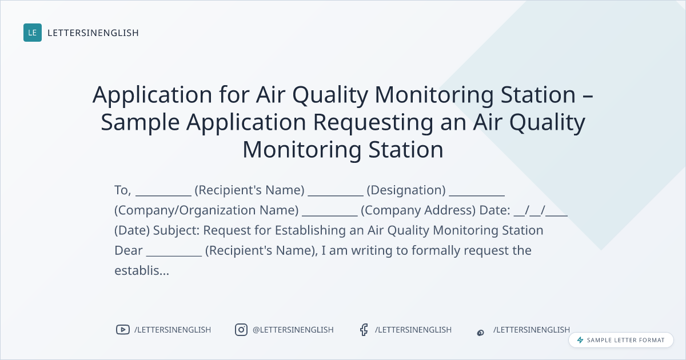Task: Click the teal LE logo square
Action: [x=33, y=33]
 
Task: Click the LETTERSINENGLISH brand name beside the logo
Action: [x=93, y=33]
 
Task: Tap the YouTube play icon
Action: [x=123, y=330]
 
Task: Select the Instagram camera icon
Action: [x=241, y=330]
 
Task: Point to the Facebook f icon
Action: [x=364, y=330]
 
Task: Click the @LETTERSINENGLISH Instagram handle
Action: [x=293, y=330]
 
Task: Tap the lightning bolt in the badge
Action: [x=580, y=340]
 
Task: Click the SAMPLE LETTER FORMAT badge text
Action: [x=625, y=340]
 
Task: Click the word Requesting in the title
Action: [x=373, y=122]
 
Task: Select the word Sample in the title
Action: [x=140, y=122]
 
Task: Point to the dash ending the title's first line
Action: [x=588, y=95]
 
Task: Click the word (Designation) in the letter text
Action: [x=406, y=190]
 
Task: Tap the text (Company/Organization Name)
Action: [x=206, y=210]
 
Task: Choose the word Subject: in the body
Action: [x=177, y=230]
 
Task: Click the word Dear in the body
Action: [x=129, y=250]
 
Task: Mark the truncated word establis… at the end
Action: [x=142, y=271]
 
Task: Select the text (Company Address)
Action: [x=418, y=210]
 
